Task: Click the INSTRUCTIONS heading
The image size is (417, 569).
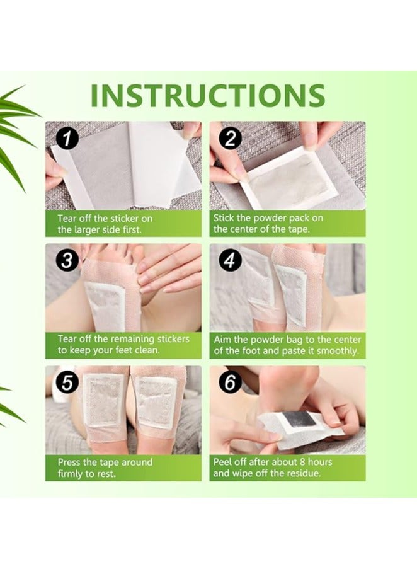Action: click(208, 95)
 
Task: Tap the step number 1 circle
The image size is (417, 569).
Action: click(64, 138)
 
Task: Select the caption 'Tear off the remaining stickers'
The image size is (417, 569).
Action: click(123, 344)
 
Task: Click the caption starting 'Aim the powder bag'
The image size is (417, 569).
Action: click(287, 344)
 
